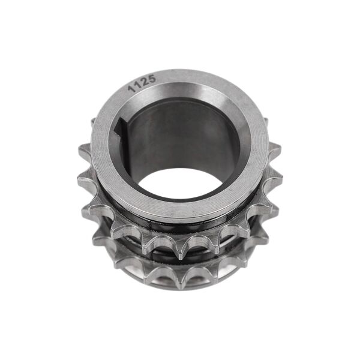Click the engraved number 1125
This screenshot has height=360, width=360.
[x=142, y=83]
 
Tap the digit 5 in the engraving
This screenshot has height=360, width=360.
[x=152, y=79]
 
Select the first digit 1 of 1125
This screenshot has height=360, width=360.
[x=131, y=89]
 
